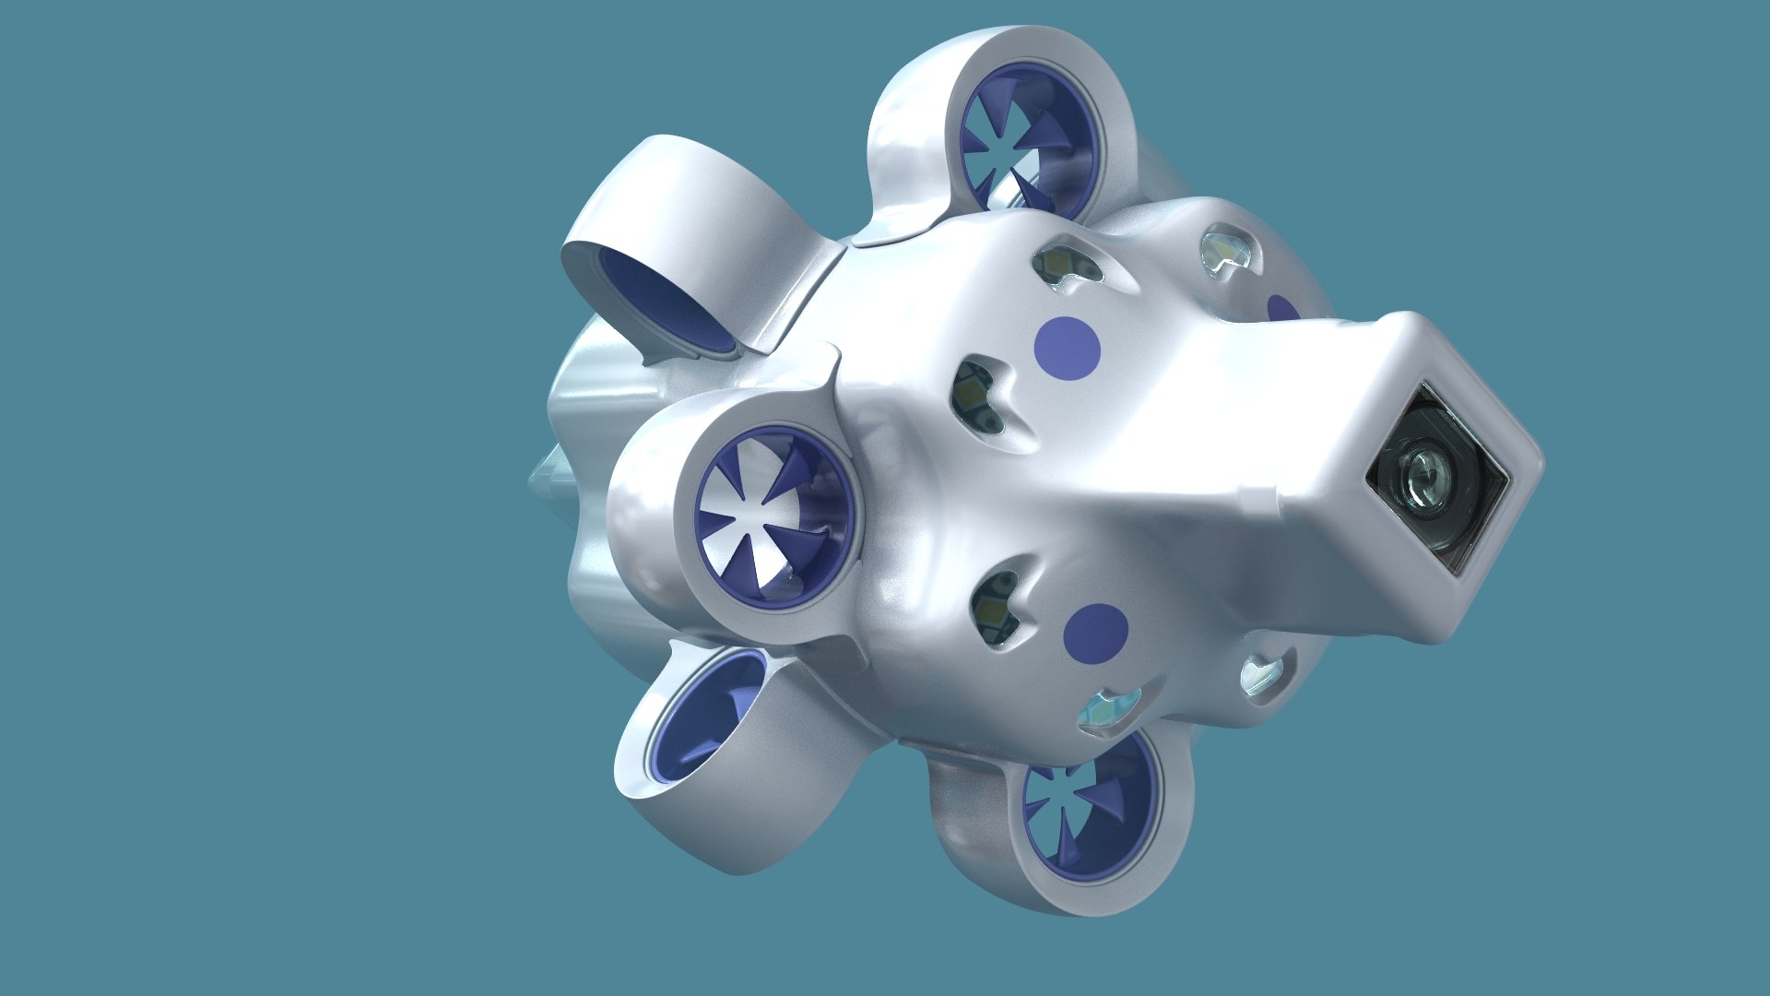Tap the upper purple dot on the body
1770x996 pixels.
click(x=1068, y=347)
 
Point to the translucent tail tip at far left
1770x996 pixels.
click(x=544, y=480)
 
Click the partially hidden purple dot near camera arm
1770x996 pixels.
click(x=1281, y=309)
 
